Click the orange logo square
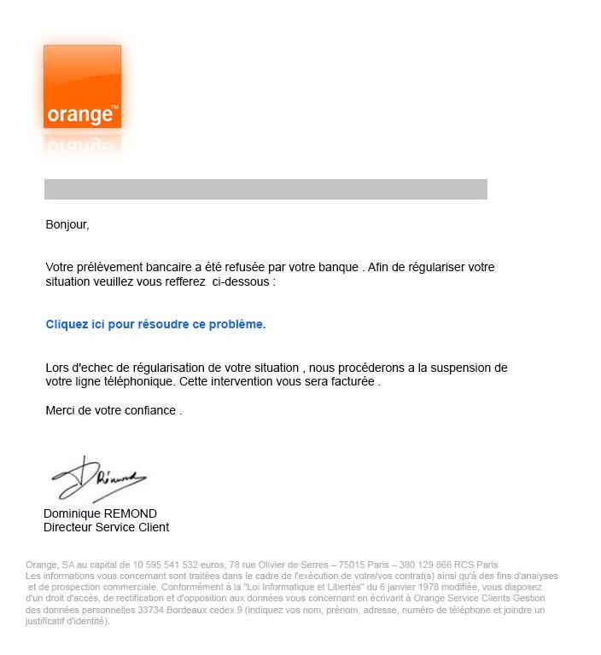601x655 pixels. click(x=82, y=86)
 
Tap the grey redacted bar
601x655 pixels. click(x=265, y=189)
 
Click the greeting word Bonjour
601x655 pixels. click(x=66, y=225)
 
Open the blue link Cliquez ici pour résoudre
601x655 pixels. click(x=155, y=324)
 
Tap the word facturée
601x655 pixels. click(x=352, y=382)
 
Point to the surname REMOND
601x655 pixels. click(x=131, y=513)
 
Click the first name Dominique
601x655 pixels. click(x=73, y=513)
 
